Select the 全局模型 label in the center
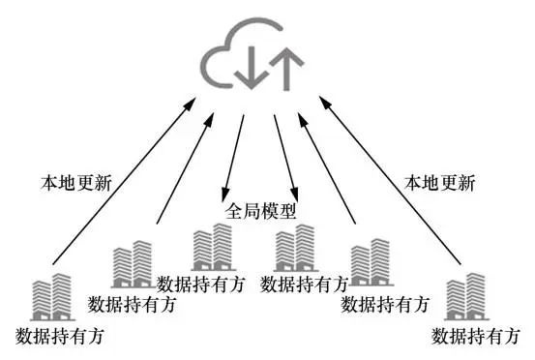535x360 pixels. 260,210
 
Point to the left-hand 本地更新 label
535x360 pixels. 69,179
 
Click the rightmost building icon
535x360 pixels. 465,297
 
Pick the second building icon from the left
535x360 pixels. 132,264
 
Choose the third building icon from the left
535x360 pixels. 212,249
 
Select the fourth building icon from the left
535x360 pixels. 295,249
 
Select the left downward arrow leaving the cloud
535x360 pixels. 233,155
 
